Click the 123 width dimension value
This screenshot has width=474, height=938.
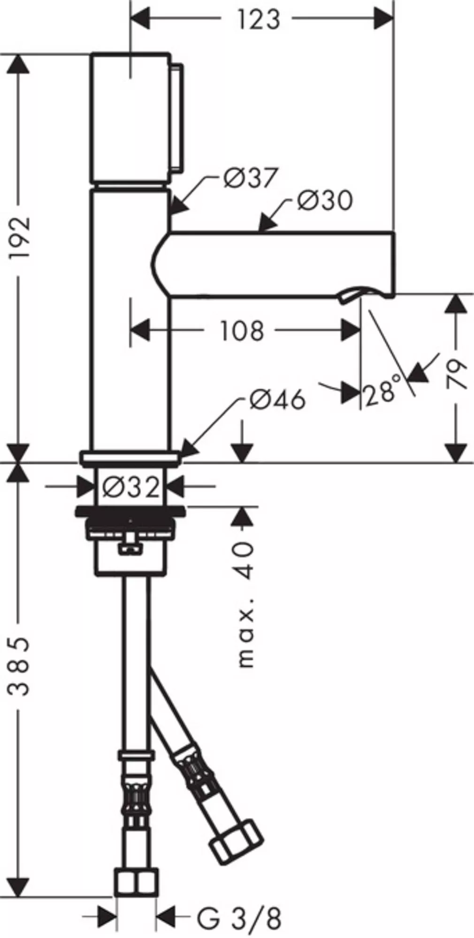click(258, 20)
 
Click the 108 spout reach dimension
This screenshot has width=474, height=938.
click(242, 331)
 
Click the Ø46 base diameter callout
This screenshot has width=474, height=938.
click(277, 400)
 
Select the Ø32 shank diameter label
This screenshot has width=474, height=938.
click(131, 488)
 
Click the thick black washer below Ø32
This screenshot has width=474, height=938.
click(131, 511)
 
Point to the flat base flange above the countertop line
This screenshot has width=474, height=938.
click(130, 458)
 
